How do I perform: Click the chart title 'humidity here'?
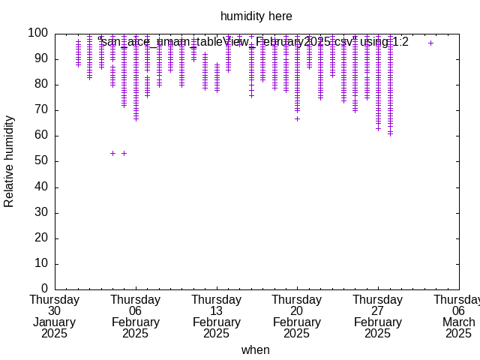256,16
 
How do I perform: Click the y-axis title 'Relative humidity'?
10,161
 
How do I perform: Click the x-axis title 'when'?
255,350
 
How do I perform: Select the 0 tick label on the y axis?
45,289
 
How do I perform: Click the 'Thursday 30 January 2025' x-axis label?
55,316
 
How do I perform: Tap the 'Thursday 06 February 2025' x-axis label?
135,316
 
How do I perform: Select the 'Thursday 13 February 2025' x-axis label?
216,316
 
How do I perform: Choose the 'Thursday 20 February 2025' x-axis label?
297,316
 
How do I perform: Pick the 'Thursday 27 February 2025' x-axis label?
378,316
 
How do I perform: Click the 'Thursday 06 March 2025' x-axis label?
458,316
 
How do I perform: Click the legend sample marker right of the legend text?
430,43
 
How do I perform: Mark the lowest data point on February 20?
297,118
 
